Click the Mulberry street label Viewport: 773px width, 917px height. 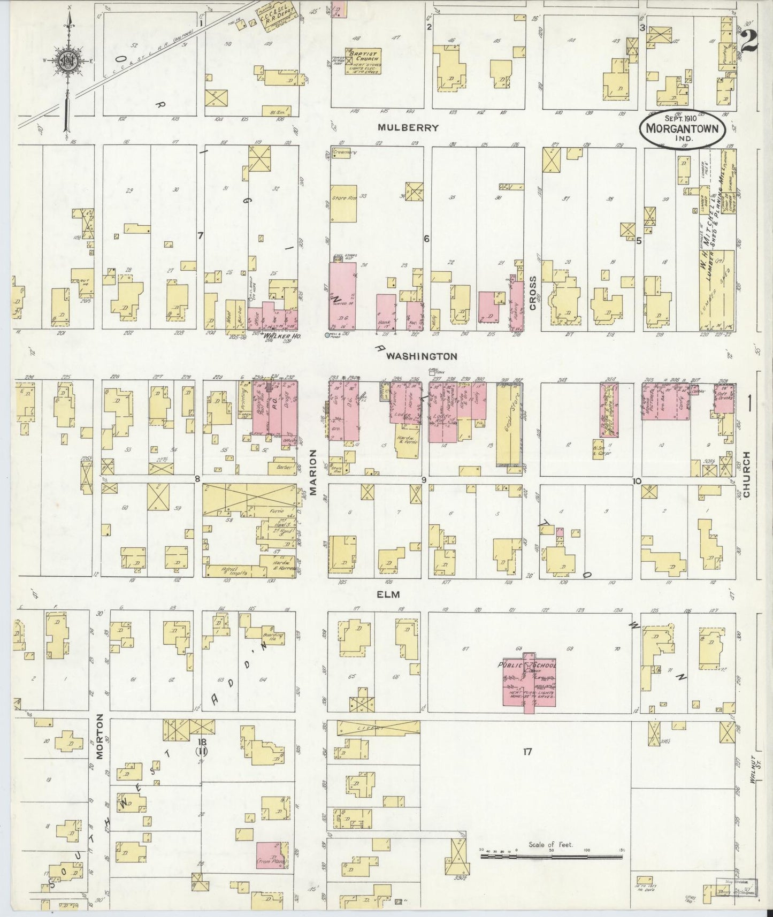click(408, 128)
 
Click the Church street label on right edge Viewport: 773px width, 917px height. click(747, 475)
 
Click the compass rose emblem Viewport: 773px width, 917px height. click(68, 59)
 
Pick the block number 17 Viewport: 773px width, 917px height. click(527, 752)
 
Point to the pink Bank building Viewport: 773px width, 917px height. click(386, 311)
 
